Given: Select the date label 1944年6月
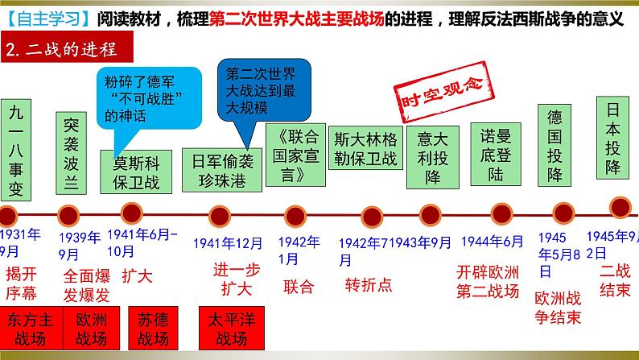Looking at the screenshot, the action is click(490, 242).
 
